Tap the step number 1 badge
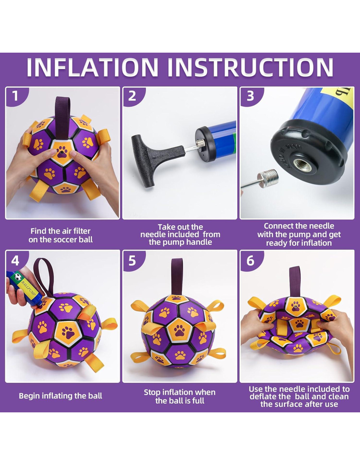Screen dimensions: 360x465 point(15,96)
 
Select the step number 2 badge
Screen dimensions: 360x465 point(132,96)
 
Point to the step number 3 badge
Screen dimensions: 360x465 point(250,96)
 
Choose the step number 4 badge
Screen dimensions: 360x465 point(15,261)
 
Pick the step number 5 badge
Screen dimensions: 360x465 point(132,261)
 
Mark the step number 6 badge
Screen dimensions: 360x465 point(250,261)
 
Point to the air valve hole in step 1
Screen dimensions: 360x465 point(61,153)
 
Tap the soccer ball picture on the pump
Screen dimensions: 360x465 point(18,276)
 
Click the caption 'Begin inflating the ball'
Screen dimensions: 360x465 point(61,396)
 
